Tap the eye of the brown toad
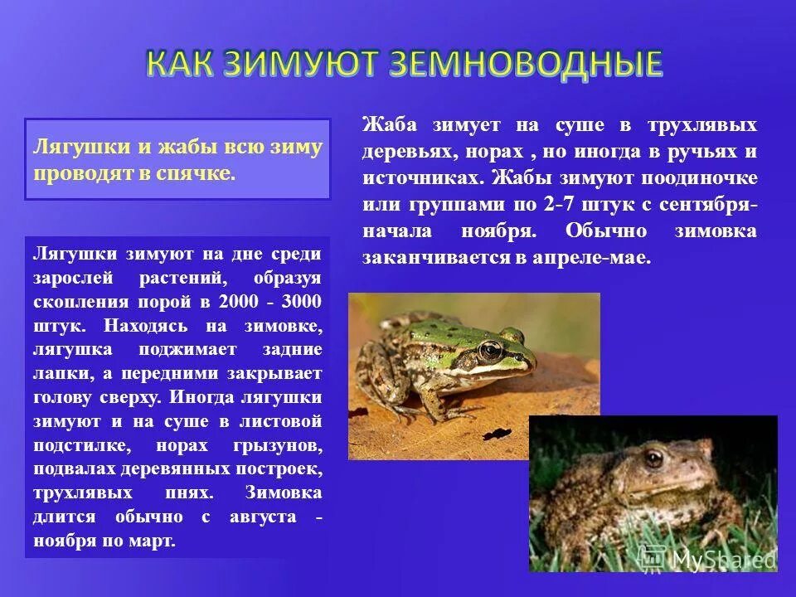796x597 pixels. tap(654, 458)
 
